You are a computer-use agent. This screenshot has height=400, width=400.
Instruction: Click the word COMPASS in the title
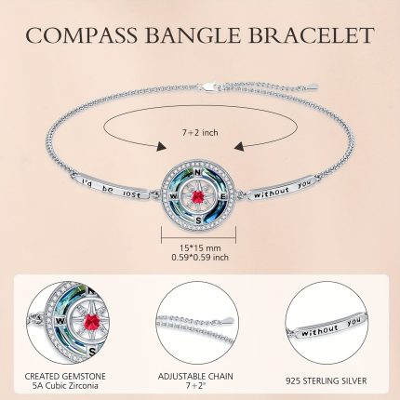pyautogui.click(x=82, y=34)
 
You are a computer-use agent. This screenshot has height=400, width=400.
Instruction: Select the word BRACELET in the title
pyautogui.click(x=311, y=34)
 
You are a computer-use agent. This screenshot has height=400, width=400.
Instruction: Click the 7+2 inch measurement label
pyautogui.click(x=200, y=133)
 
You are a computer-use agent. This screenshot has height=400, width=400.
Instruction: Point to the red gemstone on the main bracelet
pyautogui.click(x=198, y=196)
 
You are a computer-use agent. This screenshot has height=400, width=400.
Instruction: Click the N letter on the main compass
pyautogui.click(x=197, y=172)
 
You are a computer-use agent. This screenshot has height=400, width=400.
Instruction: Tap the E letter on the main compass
pyautogui.click(x=222, y=196)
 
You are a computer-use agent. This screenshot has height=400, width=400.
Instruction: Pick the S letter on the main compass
pyautogui.click(x=198, y=220)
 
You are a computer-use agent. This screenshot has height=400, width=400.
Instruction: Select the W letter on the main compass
pyautogui.click(x=173, y=196)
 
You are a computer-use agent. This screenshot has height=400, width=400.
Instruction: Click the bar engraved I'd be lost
pyautogui.click(x=112, y=186)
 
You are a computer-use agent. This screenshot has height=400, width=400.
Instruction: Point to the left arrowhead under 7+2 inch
pyautogui.click(x=161, y=147)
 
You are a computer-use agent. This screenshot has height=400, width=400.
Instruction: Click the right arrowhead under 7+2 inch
pyautogui.click(x=238, y=146)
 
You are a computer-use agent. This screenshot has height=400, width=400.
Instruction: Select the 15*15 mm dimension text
pyautogui.click(x=200, y=248)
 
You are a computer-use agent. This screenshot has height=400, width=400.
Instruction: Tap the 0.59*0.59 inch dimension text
pyautogui.click(x=200, y=258)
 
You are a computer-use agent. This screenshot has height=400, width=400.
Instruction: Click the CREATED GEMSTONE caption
pyautogui.click(x=65, y=377)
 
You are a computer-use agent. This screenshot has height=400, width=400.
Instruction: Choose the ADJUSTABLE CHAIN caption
pyautogui.click(x=195, y=377)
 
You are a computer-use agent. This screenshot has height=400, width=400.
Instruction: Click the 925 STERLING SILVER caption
pyautogui.click(x=327, y=380)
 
